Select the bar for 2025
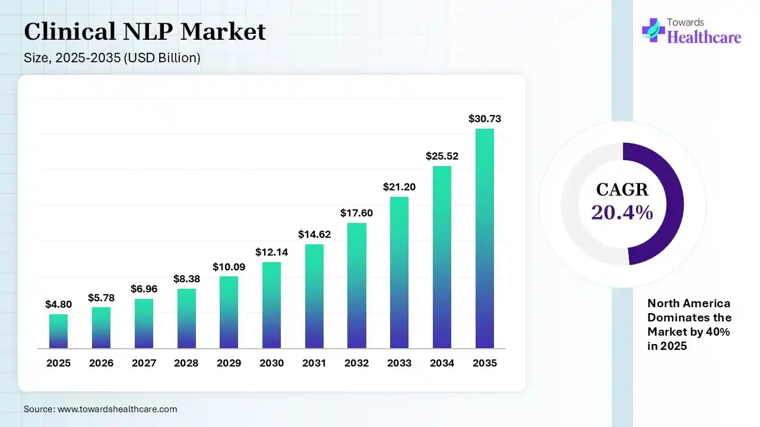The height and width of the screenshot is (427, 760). point(58,331)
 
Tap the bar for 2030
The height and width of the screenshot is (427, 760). point(271,305)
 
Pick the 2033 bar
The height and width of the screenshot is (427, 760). point(399,272)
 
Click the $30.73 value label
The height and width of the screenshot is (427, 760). point(484,119)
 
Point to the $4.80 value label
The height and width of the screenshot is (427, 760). point(58,304)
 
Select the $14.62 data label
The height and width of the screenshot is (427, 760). point(314,234)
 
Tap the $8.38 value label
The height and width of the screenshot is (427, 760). point(186,278)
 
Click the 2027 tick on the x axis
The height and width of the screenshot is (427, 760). point(144,363)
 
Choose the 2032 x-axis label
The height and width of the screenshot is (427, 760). point(357,363)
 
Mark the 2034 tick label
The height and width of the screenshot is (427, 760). point(442,363)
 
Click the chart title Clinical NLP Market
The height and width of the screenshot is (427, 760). point(145,31)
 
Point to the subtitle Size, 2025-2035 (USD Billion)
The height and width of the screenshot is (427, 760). point(112,58)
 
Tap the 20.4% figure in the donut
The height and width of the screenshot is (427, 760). point(622,212)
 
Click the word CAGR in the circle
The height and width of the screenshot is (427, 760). point(622,190)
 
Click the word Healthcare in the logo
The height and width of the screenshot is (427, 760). point(704,37)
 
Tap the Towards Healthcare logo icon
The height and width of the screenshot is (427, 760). point(653,30)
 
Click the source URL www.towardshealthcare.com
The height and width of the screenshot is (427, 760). point(118,409)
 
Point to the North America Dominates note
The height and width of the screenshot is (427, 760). point(689,324)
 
